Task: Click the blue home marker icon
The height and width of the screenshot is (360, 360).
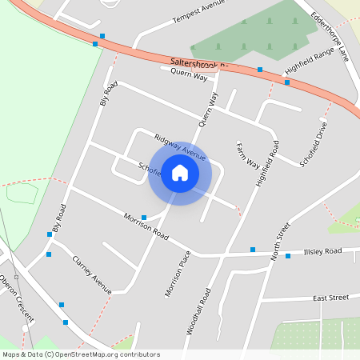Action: [x=180, y=173]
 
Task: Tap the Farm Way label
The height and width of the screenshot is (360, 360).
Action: [x=247, y=154]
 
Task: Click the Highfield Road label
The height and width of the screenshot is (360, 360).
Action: [x=267, y=163]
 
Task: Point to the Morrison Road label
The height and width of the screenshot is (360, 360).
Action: [x=146, y=227]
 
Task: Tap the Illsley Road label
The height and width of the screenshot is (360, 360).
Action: [x=322, y=251]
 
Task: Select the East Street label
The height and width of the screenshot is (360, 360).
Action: [x=331, y=298]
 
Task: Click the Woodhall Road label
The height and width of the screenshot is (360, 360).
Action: [x=199, y=310]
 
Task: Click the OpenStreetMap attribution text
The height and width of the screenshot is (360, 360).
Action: [x=80, y=354]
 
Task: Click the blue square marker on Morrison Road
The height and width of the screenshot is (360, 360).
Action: [x=144, y=218]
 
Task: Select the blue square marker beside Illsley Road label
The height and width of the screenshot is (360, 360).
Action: [x=288, y=256]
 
